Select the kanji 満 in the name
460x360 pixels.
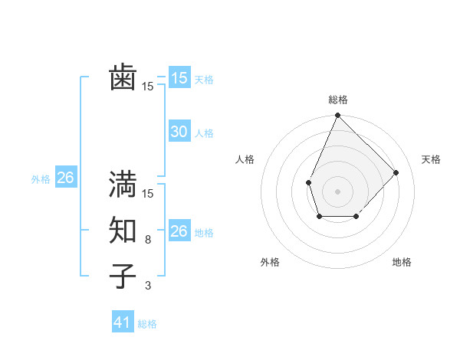coord(123,184)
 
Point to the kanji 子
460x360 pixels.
coord(123,275)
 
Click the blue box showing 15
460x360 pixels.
coord(179,77)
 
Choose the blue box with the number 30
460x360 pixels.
coord(179,132)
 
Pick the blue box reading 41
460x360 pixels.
coord(123,322)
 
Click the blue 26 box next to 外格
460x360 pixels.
coord(65,178)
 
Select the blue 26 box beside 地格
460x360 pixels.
coord(179,231)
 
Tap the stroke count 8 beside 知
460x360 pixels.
coord(147,240)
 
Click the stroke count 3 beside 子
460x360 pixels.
coord(147,285)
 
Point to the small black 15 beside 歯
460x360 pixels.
coord(147,87)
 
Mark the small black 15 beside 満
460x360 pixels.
coord(147,194)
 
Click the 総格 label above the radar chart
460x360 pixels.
coord(337,100)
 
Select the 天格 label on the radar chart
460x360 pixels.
coord(431,159)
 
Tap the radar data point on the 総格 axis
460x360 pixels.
coord(337,116)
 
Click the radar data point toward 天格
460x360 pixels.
coord(396,172)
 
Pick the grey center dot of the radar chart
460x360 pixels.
coord(337,191)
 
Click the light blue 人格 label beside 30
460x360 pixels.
coord(204,133)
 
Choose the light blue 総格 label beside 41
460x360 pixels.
coord(147,324)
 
